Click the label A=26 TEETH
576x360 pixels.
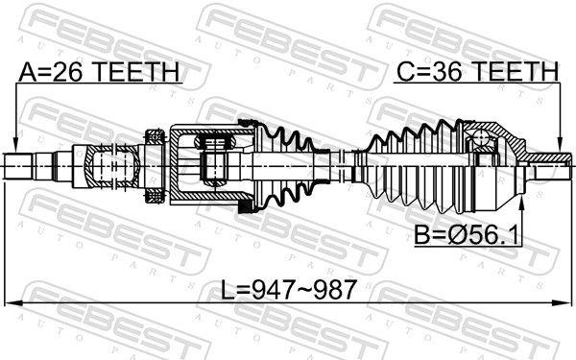[x=99, y=72]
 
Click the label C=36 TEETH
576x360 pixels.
[x=477, y=71]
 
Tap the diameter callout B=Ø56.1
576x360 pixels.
[x=467, y=235]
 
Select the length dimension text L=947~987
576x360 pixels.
[x=288, y=290]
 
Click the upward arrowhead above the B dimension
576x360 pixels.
[x=521, y=204]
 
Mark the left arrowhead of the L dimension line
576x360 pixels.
[x=13, y=303]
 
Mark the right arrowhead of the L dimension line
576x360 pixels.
[x=563, y=303]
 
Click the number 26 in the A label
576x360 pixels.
[x=71, y=72]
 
